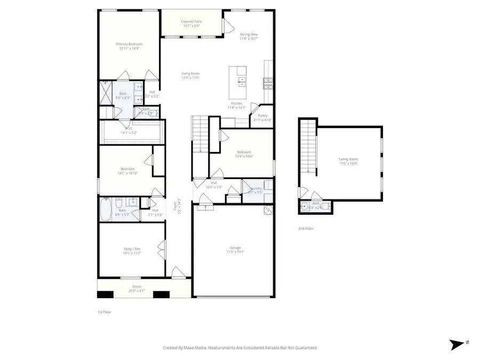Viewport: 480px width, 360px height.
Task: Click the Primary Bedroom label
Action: (x=129, y=46)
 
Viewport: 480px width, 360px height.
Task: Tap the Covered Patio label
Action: (x=191, y=23)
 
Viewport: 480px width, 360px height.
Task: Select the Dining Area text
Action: (x=249, y=36)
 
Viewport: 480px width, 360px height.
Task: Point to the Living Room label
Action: (x=190, y=76)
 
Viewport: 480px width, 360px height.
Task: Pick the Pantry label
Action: (x=262, y=117)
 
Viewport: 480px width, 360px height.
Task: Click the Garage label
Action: (x=235, y=250)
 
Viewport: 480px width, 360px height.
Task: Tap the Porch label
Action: (x=137, y=289)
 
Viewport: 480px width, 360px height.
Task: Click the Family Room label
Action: (x=348, y=161)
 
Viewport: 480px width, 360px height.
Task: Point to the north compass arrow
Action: (x=457, y=345)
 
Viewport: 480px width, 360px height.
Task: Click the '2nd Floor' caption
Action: (x=306, y=228)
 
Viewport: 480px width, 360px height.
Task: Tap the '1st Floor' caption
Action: (x=105, y=311)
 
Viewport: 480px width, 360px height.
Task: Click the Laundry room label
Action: (x=255, y=190)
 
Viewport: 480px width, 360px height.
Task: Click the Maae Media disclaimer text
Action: (x=239, y=348)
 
